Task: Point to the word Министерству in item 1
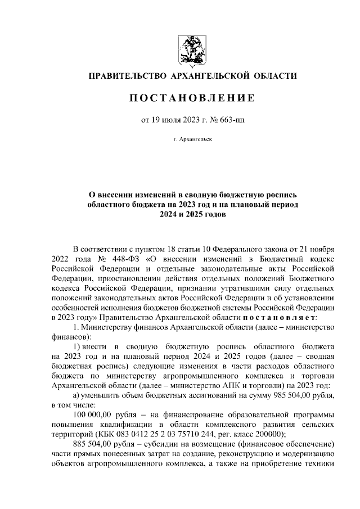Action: coord(112,327)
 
